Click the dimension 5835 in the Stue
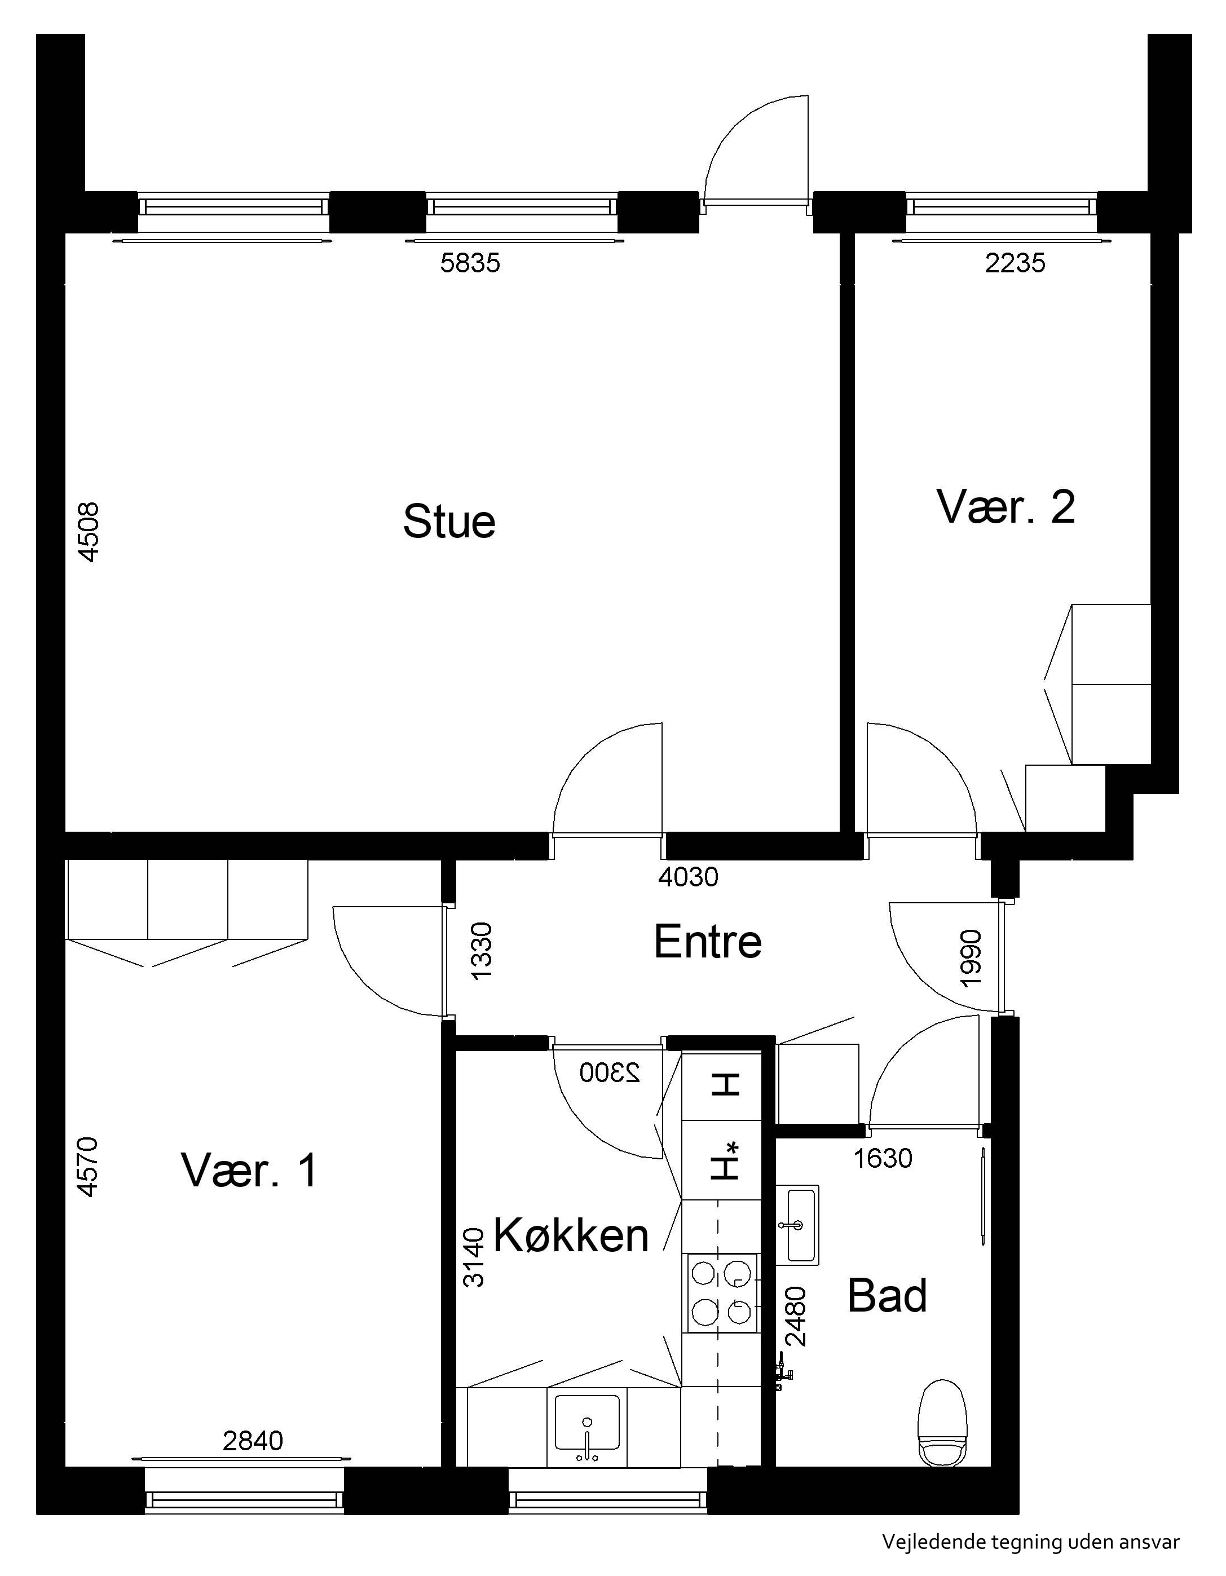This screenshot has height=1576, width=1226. click(x=470, y=263)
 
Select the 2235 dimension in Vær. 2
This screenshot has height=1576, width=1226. click(x=1015, y=263)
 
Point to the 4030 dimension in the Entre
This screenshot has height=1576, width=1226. click(x=689, y=877)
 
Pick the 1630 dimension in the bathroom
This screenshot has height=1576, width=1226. click(x=883, y=1158)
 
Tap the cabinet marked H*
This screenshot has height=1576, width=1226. click(x=722, y=1160)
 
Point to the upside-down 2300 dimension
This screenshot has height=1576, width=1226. click(x=610, y=1073)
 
